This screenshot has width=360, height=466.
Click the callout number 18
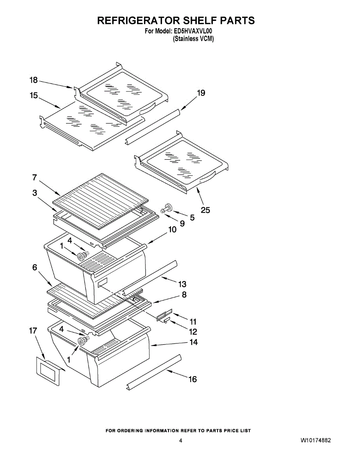(x=34, y=80)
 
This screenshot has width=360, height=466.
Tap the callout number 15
(x=34, y=95)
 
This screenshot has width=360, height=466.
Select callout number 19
(x=201, y=93)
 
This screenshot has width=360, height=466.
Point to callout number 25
(x=205, y=210)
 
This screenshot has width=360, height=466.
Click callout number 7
(x=35, y=177)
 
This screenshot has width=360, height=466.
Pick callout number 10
(x=172, y=230)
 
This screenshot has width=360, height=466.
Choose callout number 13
(x=182, y=284)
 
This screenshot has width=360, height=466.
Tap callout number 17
(x=33, y=330)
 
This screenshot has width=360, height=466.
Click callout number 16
(x=193, y=379)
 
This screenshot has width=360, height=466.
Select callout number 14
(x=193, y=342)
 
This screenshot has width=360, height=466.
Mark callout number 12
(x=193, y=332)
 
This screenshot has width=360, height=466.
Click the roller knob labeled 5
(x=169, y=206)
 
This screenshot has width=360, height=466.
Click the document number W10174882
(x=316, y=441)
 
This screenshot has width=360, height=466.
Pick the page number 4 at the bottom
(x=181, y=441)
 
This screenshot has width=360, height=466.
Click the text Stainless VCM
(x=193, y=39)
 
